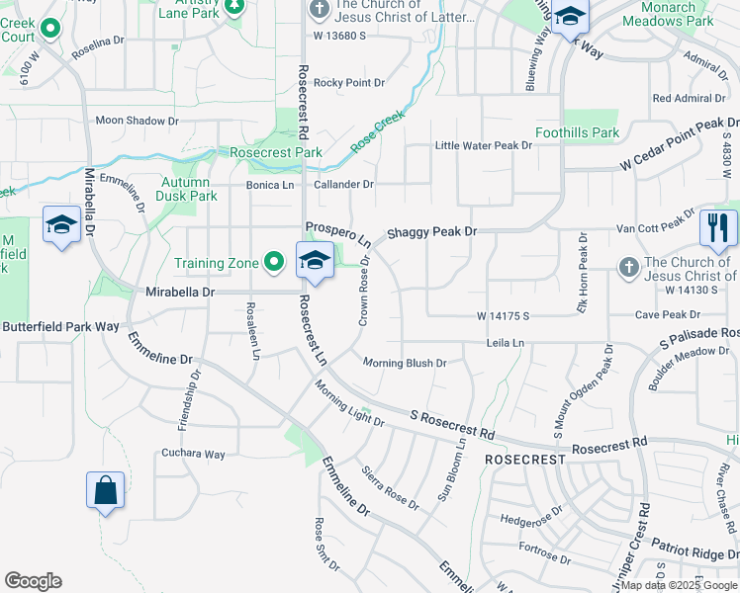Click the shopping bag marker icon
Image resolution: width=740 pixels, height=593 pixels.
[x=105, y=490]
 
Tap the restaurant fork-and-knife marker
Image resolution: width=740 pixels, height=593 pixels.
[x=718, y=228]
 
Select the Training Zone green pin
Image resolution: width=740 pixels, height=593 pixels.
[x=275, y=262]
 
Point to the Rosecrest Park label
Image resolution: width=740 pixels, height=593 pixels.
[x=276, y=153]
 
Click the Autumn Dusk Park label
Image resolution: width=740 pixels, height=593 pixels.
[x=189, y=189]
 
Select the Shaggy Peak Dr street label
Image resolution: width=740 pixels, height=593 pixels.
[x=431, y=231]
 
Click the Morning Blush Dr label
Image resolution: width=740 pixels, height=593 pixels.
[x=405, y=363]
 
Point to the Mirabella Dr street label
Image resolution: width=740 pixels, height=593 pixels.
[x=180, y=293]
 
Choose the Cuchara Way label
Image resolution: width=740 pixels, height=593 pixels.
[x=194, y=455]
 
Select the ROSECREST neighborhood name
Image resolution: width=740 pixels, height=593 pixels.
[x=524, y=461]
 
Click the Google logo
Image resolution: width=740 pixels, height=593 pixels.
[x=33, y=581]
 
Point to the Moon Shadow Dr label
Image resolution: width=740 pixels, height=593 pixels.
[x=137, y=121]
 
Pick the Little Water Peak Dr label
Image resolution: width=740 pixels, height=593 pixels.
[x=484, y=145]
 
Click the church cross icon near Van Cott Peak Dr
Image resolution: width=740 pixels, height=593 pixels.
[x=627, y=268]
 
